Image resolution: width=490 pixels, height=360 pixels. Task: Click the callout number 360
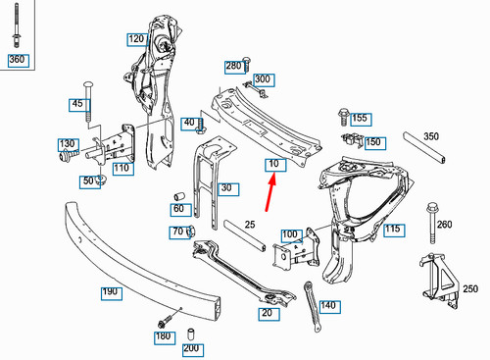[17, 60]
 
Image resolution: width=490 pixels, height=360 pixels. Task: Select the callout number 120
[136, 40]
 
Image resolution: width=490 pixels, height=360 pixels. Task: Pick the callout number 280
[233, 66]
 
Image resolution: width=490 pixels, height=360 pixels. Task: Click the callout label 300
[262, 78]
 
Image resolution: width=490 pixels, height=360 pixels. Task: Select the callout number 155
[361, 119]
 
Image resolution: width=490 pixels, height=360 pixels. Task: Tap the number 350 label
[431, 136]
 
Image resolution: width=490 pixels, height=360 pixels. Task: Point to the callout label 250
[471, 292]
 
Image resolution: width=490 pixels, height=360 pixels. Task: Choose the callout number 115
[393, 231]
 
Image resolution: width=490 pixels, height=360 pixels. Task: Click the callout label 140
[328, 306]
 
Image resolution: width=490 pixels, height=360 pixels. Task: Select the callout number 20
[266, 313]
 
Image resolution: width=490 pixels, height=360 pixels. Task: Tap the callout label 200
[191, 349]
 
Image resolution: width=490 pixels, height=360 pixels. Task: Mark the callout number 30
[227, 188]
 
